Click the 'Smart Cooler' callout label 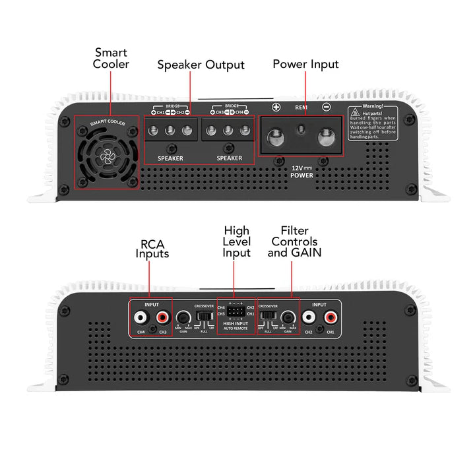[111, 58]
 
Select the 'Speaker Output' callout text [201, 65]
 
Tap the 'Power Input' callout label [305, 64]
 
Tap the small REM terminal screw [300, 129]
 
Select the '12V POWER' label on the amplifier [301, 172]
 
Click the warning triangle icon [355, 113]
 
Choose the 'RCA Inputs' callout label [152, 248]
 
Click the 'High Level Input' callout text [236, 241]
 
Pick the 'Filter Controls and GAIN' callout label [294, 241]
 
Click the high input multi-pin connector [236, 311]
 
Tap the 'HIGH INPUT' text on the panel [236, 323]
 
